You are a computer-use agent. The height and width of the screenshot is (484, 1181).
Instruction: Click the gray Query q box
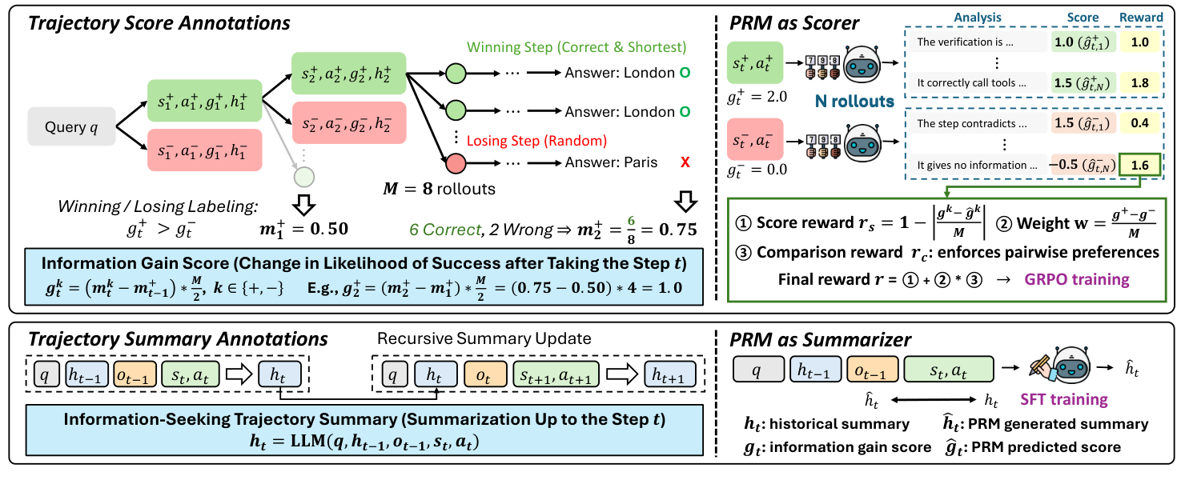tap(72, 126)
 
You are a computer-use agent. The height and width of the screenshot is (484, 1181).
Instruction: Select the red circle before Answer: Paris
tap(456, 163)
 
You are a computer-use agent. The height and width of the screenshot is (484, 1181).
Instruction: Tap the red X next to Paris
tap(685, 162)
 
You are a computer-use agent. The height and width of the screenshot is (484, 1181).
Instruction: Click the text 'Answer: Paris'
tap(611, 162)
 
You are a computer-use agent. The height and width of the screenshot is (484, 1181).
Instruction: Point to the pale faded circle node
tap(304, 177)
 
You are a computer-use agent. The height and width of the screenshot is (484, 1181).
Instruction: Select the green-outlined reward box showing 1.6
tap(1139, 165)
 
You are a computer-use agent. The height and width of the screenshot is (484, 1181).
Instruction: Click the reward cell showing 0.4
tap(1139, 123)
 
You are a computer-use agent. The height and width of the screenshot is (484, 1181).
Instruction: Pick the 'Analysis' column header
tap(978, 18)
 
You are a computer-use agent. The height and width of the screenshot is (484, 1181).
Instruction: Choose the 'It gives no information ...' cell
tap(977, 166)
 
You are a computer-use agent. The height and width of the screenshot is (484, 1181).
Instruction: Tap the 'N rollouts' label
tap(854, 101)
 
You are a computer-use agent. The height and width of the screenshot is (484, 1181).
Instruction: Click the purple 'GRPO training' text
tap(1077, 279)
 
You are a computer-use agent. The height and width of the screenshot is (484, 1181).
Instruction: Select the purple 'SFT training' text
tap(1063, 399)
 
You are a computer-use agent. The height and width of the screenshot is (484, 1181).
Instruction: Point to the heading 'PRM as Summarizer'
tap(820, 340)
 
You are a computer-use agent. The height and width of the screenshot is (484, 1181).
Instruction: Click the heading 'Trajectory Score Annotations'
tap(159, 23)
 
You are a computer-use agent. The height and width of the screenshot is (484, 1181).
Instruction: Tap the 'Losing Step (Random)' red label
tap(536, 141)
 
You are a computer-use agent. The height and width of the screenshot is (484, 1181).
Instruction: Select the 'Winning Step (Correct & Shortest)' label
tap(576, 47)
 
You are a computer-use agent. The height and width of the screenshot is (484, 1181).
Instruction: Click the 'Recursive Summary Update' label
tap(484, 338)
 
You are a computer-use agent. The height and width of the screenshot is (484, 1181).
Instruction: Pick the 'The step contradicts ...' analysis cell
tap(977, 124)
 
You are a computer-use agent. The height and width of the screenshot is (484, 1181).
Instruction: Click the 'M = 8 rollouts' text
tap(440, 189)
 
